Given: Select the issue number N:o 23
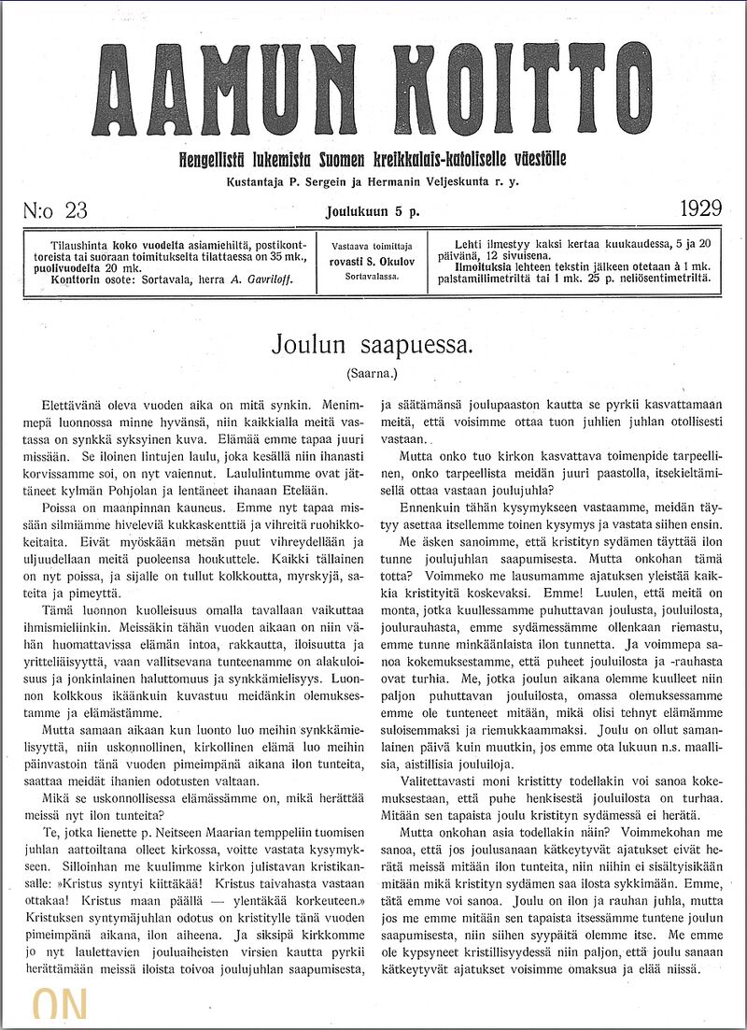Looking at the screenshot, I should [55, 209].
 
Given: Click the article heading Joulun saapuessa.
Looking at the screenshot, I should [373, 344].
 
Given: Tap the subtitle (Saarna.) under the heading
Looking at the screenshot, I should [372, 373].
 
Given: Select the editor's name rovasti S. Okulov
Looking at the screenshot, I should [371, 262].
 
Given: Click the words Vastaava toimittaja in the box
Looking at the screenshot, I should [371, 246].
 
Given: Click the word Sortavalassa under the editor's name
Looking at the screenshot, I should [371, 277].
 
